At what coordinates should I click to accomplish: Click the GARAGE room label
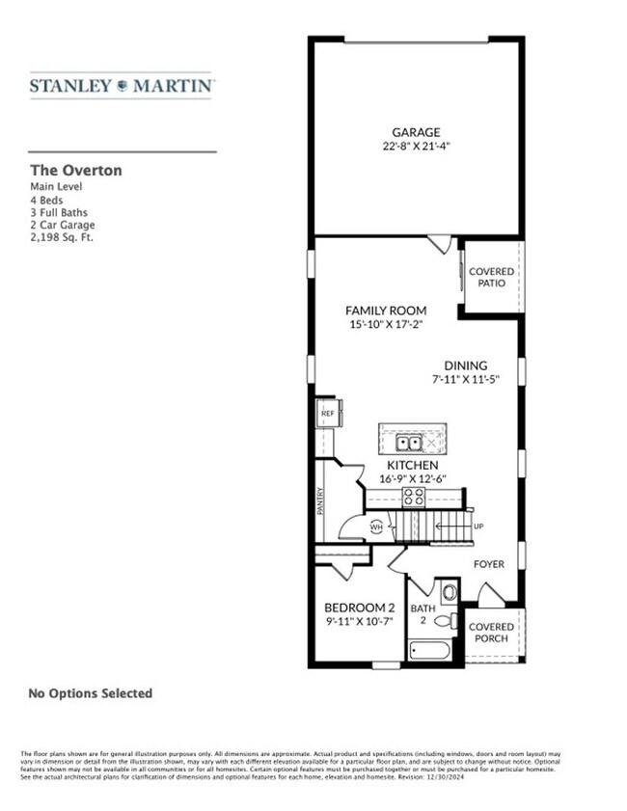(x=416, y=132)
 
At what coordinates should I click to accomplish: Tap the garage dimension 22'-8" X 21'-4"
(x=416, y=147)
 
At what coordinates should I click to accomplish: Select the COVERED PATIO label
(x=491, y=278)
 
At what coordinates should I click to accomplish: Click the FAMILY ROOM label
(x=386, y=311)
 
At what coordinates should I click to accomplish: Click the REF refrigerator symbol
(x=326, y=413)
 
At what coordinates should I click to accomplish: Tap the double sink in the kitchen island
(x=408, y=443)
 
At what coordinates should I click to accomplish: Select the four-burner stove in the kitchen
(x=414, y=497)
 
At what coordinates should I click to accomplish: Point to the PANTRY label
(x=321, y=500)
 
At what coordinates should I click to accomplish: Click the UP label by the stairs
(x=478, y=527)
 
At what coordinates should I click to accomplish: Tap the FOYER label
(x=488, y=564)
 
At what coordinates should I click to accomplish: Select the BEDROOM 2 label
(x=359, y=608)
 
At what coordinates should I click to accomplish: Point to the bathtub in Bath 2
(x=428, y=650)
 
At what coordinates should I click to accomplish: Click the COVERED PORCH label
(x=491, y=633)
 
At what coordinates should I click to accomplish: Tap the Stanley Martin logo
(x=122, y=86)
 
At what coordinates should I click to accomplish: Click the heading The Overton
(x=76, y=170)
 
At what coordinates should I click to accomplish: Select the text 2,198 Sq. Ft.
(x=62, y=236)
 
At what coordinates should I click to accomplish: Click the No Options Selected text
(x=90, y=692)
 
